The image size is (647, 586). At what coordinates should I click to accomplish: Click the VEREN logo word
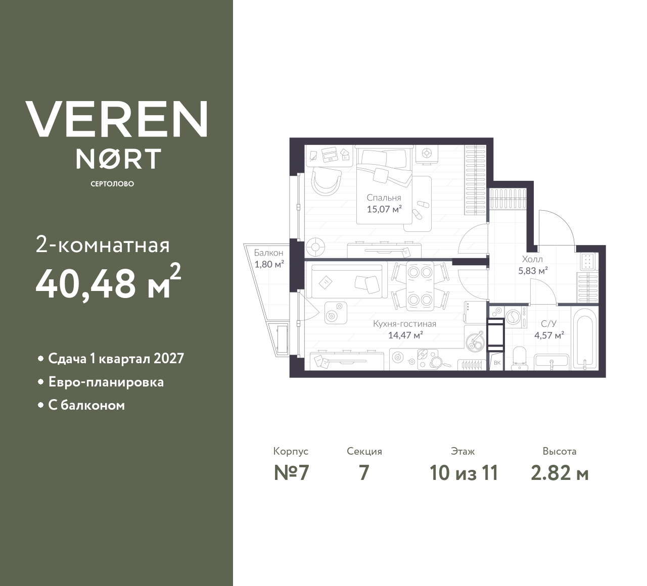click(116, 119)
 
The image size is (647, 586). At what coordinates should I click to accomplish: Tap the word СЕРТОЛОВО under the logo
click(112, 184)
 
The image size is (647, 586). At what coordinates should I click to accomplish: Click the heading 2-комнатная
click(103, 246)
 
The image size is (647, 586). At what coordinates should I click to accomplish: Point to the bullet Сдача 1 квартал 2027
click(116, 359)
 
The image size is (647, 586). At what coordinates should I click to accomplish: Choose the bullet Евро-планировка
click(106, 382)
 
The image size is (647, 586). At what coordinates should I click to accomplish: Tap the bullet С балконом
click(86, 405)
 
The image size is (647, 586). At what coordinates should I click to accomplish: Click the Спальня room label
click(384, 198)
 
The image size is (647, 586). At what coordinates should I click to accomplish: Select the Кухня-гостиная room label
click(404, 324)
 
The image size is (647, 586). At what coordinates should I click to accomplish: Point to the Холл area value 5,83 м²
click(533, 270)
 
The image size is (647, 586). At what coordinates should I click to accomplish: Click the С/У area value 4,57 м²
click(549, 334)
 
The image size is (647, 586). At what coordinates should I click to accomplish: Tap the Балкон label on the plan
click(268, 253)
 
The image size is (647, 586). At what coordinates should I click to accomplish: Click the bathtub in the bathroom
click(585, 338)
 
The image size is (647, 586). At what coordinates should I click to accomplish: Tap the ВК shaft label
click(496, 363)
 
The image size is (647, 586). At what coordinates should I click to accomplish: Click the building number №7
click(291, 473)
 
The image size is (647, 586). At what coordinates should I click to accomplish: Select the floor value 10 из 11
click(464, 473)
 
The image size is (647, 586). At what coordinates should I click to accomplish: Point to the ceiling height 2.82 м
click(560, 473)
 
